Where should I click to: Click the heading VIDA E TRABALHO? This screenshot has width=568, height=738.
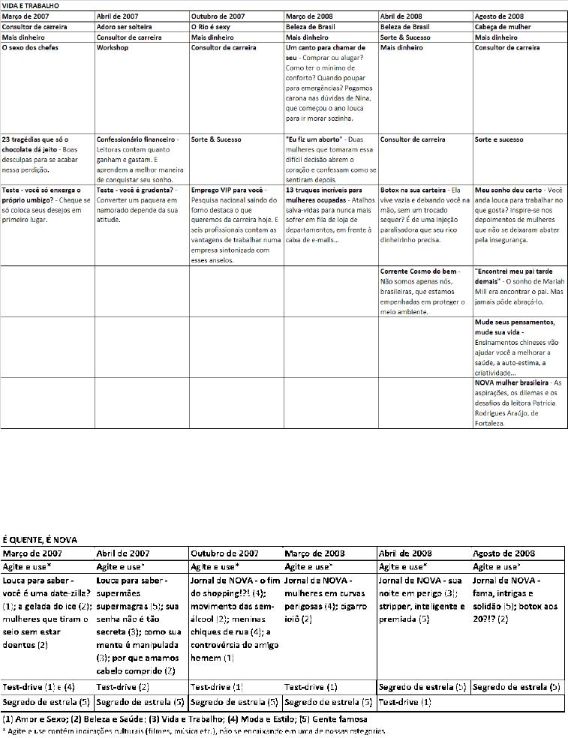coord(29,5)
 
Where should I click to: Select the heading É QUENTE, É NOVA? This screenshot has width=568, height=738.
coord(40,539)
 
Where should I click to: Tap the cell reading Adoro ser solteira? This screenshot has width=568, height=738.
coord(125,26)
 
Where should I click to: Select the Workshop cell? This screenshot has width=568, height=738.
coord(113,47)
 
